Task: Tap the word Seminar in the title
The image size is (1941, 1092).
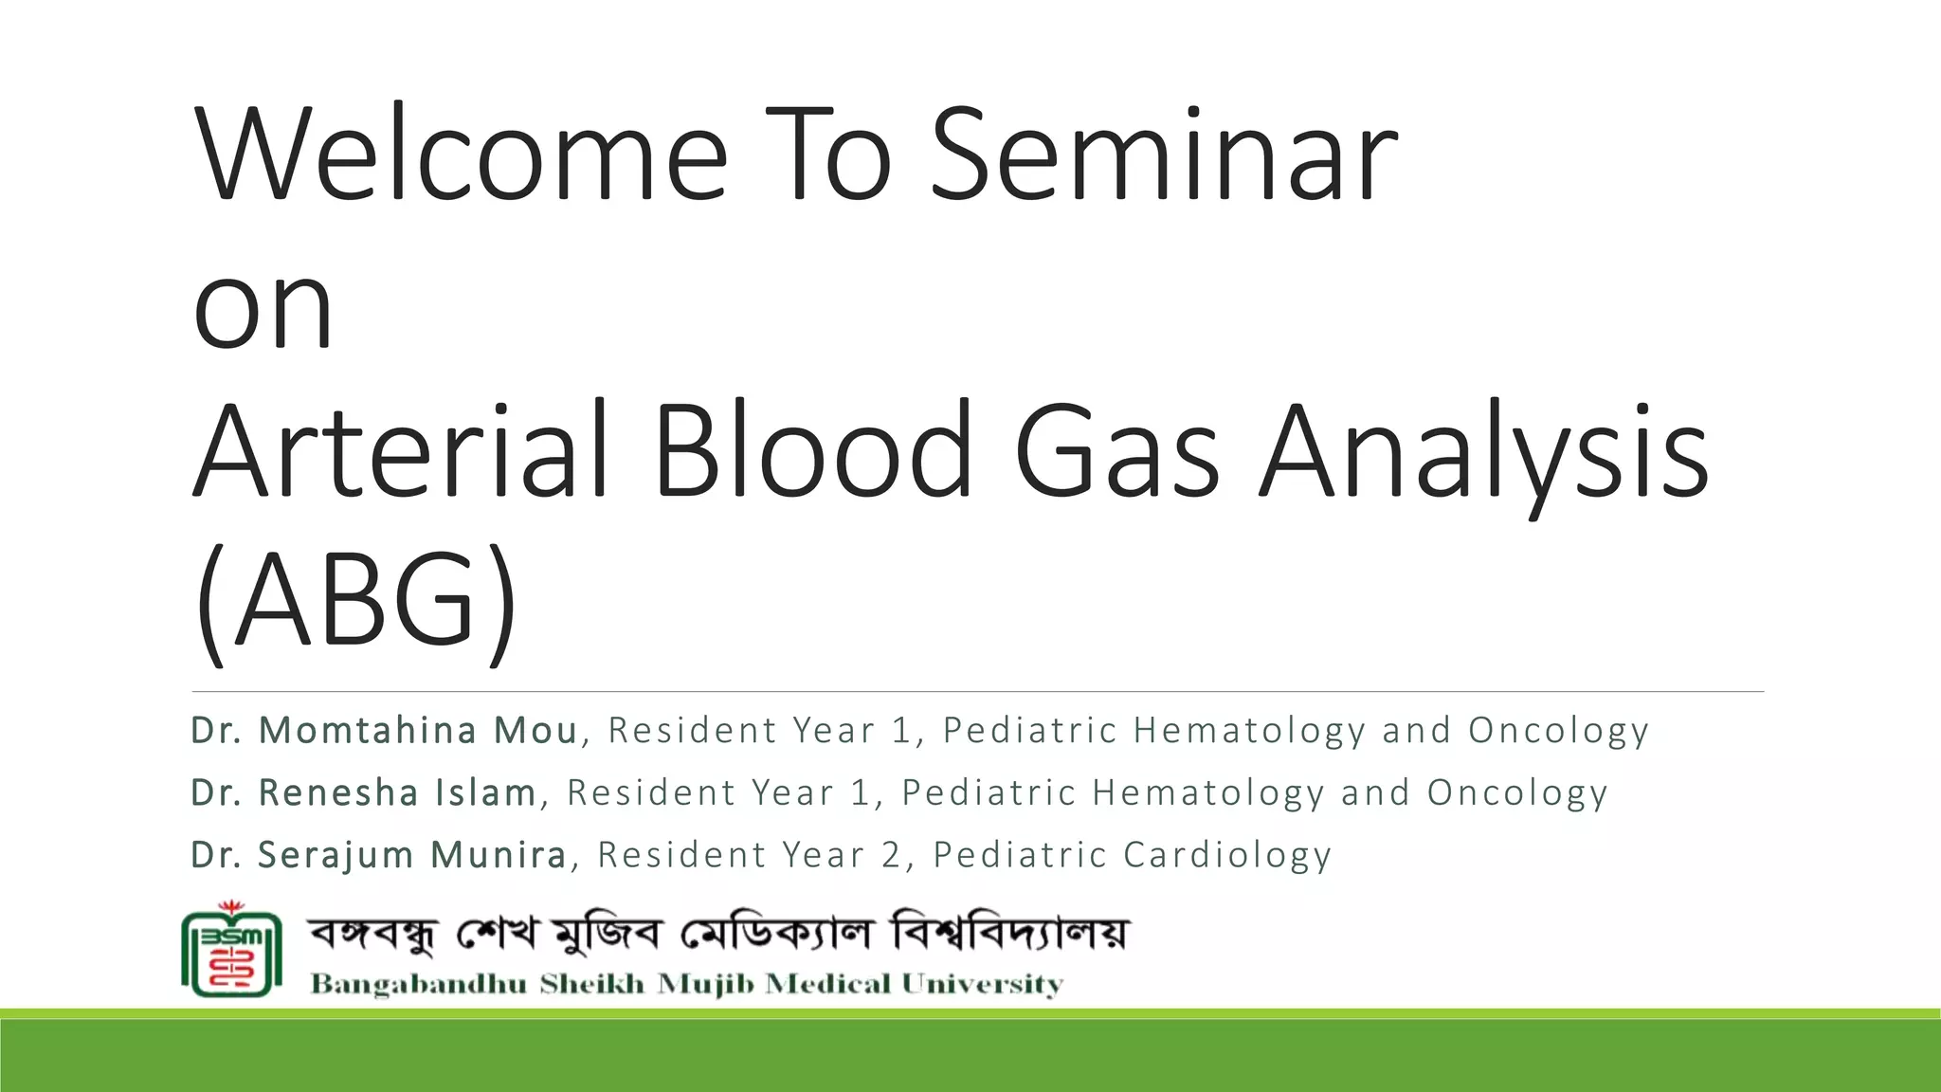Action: coord(1163,156)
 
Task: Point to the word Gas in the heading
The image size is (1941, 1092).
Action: coord(1116,452)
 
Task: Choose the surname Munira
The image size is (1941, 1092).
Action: coord(499,855)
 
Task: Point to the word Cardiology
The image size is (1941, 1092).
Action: coord(1227,855)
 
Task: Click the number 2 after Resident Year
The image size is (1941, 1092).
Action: coord(891,855)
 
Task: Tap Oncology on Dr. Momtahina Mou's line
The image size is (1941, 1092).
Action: coord(1558,731)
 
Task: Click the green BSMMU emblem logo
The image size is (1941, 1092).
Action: coord(231,951)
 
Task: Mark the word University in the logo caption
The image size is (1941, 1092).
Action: coord(982,985)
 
